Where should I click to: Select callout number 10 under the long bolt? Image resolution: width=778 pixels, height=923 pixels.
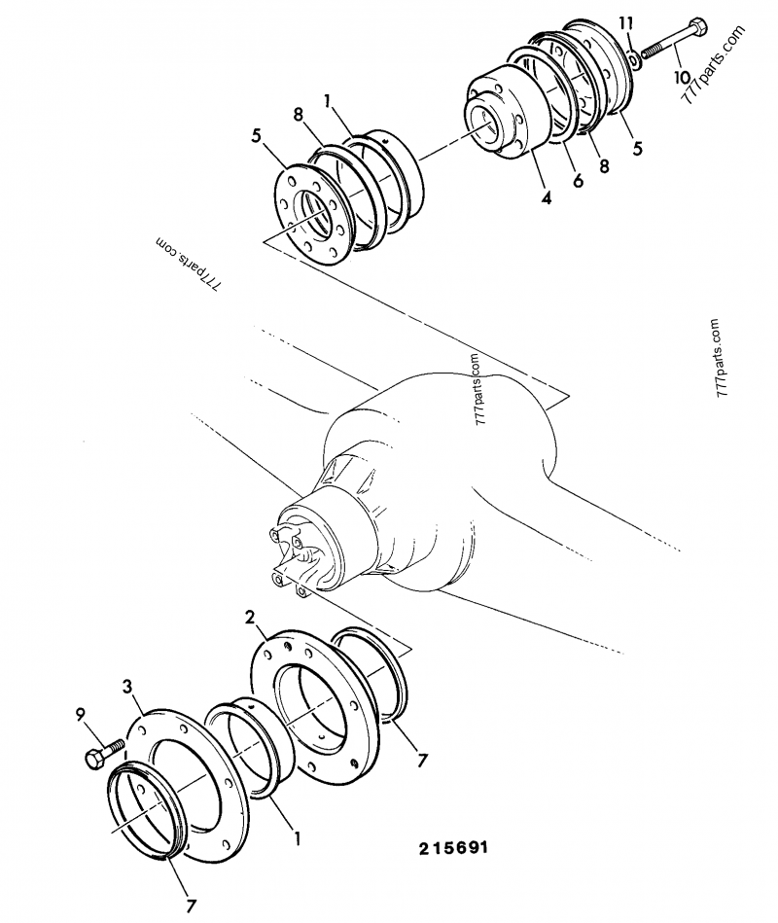pos(680,76)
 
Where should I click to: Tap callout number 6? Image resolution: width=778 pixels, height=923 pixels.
pos(578,182)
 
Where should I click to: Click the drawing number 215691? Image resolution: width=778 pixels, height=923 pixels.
pos(454,847)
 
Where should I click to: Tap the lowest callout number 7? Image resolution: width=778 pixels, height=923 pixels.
pos(191,905)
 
